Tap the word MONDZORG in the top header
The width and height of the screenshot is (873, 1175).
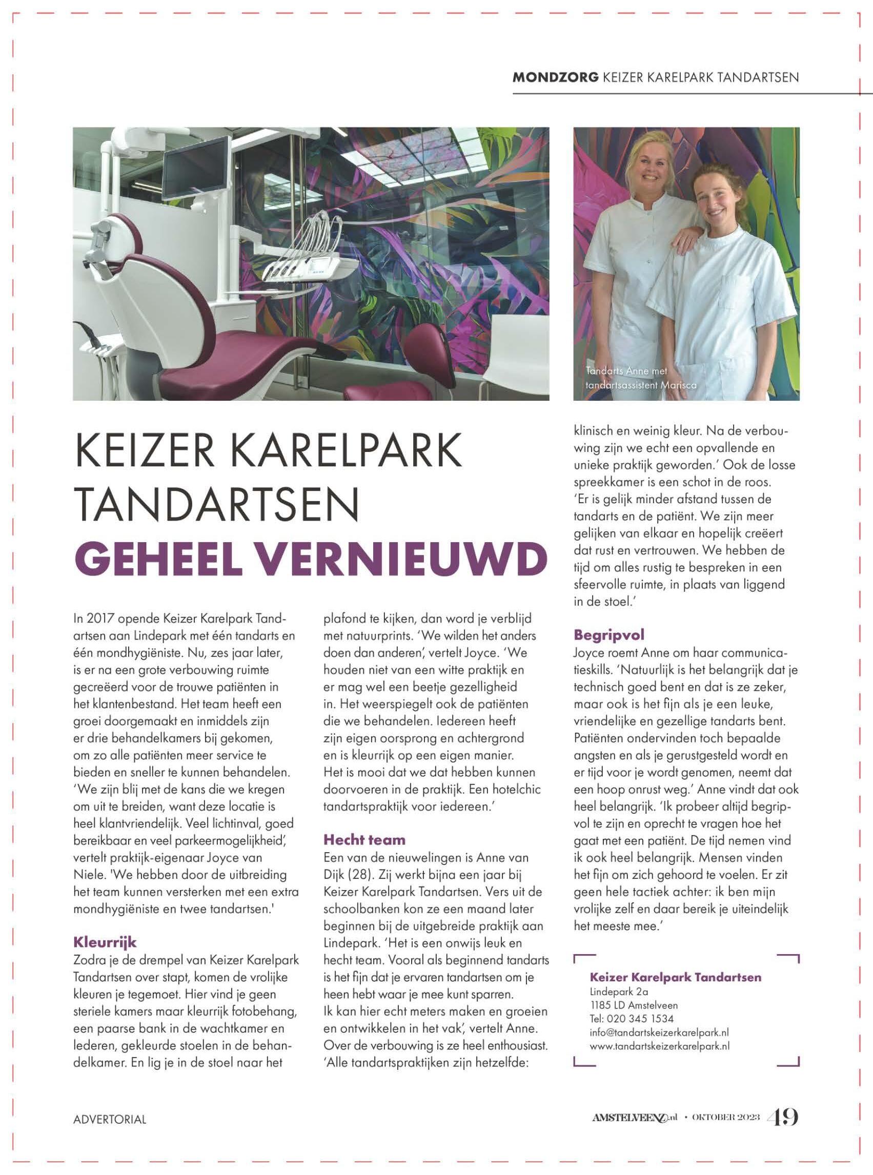point(555,77)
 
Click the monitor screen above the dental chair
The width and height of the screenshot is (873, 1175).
point(197,167)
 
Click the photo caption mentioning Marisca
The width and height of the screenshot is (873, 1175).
point(641,385)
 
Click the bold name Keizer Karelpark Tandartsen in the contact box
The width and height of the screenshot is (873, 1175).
point(675,977)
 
